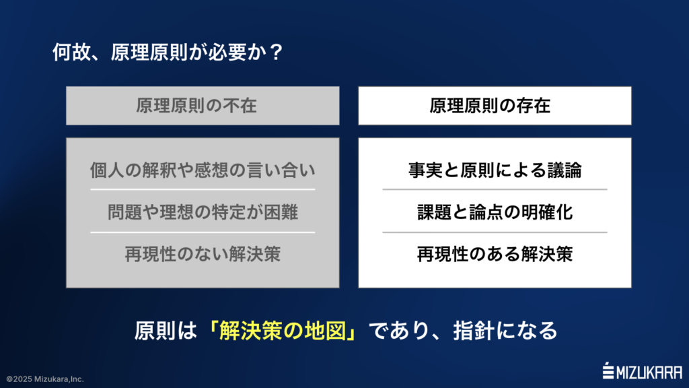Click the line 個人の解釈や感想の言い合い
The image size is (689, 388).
point(203,171)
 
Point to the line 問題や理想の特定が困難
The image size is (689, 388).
point(203,213)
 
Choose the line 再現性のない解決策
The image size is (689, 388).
point(203,255)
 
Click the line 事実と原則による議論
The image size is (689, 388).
point(495,171)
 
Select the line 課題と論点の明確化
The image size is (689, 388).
point(495,213)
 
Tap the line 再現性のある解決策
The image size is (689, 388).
point(495,255)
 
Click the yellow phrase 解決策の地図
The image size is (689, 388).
point(288,331)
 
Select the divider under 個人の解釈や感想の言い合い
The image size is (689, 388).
point(203,190)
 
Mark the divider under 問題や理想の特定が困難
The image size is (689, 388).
point(203,232)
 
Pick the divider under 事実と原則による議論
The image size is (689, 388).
point(495,190)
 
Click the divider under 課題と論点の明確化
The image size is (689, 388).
point(495,232)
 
